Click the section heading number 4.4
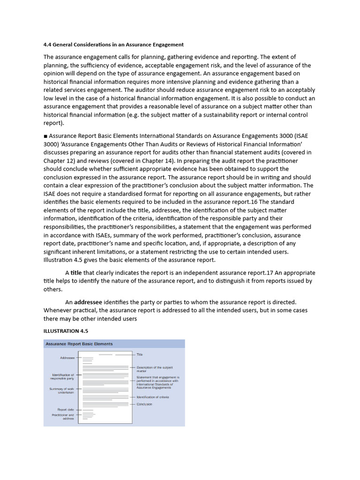[x=47, y=45]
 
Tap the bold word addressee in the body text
[x=88, y=302]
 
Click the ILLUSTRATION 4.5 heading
[x=66, y=331]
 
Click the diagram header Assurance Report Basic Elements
[x=79, y=344]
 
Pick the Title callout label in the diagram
[x=140, y=355]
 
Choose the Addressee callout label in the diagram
[x=67, y=358]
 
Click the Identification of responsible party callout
[x=63, y=376]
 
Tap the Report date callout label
[x=66, y=410]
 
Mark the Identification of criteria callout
[x=153, y=397]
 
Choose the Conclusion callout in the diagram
[x=144, y=404]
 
